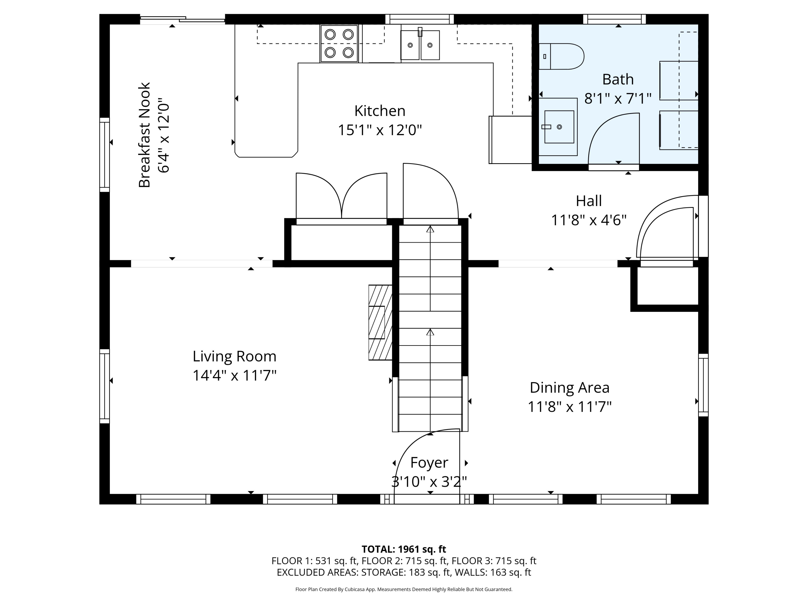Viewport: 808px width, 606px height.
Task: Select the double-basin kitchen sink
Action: click(420, 44)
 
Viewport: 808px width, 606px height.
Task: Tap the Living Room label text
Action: click(235, 356)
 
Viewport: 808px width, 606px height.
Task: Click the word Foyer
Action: click(429, 463)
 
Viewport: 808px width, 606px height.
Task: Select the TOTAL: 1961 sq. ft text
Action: click(404, 549)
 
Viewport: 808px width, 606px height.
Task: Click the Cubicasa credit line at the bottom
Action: click(404, 589)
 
